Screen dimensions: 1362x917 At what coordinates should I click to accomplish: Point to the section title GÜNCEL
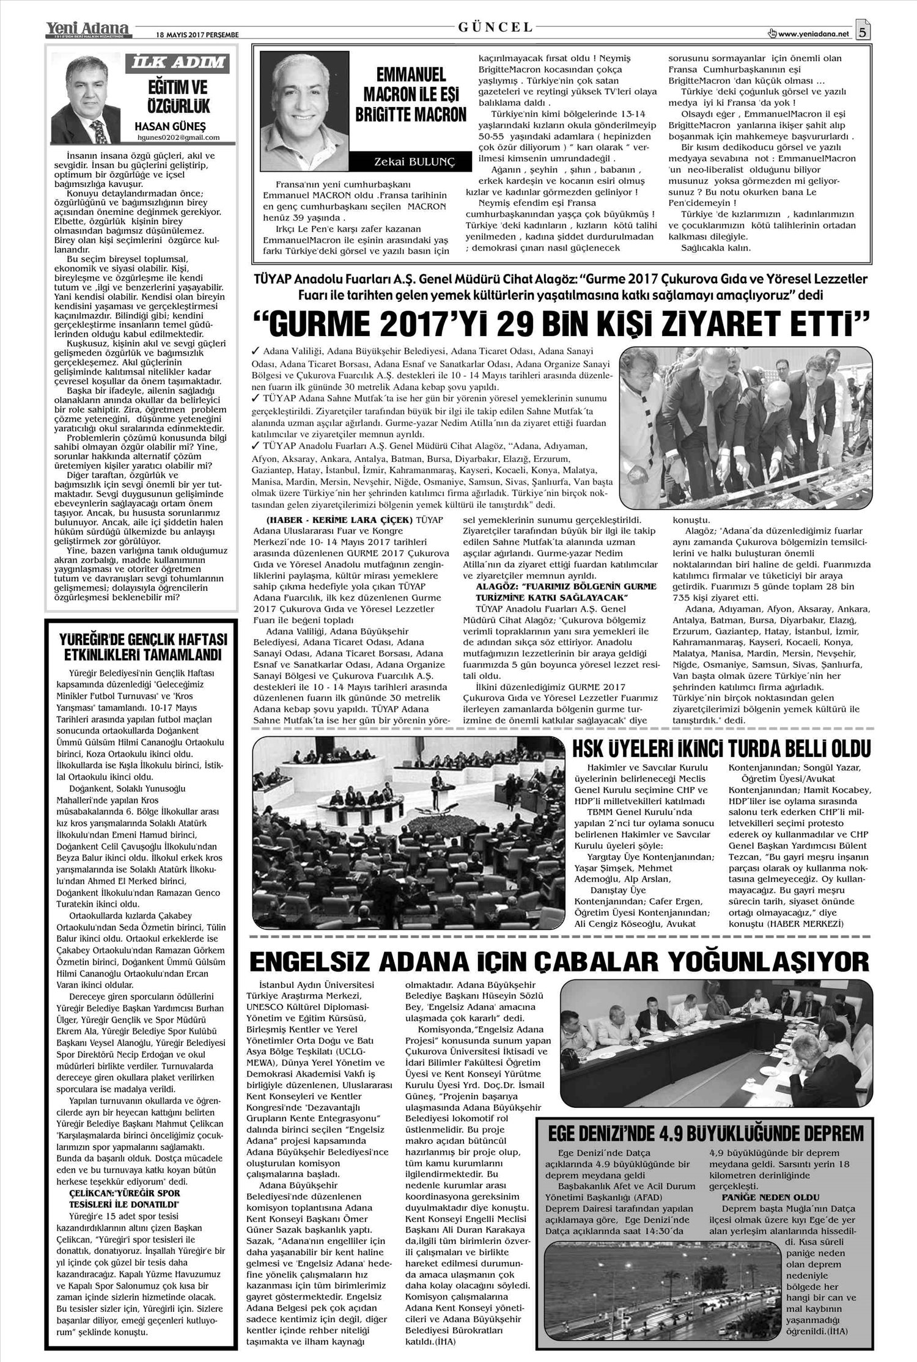pyautogui.click(x=495, y=27)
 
